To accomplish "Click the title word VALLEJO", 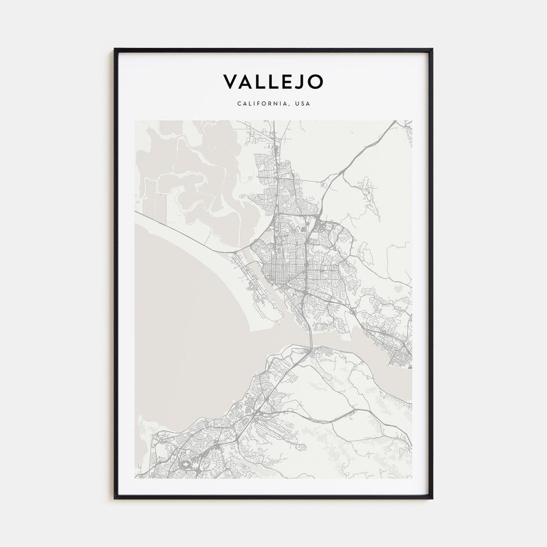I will pyautogui.click(x=273, y=81).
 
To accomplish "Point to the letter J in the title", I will pyautogui.click(x=300, y=81).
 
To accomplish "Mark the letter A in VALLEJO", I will pyautogui.click(x=246, y=81).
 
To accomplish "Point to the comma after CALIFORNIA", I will pyautogui.click(x=289, y=106).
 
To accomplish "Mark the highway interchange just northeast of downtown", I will pyautogui.click(x=315, y=215).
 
